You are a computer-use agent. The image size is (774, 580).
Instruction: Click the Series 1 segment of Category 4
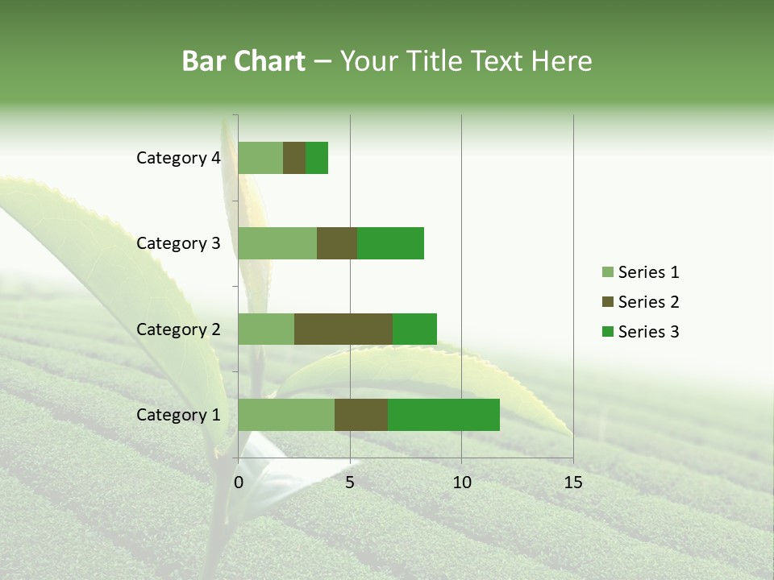pyautogui.click(x=260, y=158)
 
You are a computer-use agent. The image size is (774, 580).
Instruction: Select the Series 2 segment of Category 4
pyautogui.click(x=294, y=158)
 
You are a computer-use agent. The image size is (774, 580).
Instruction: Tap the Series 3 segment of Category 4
pyautogui.click(x=317, y=158)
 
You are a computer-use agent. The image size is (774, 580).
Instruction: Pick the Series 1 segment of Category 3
pyautogui.click(x=277, y=243)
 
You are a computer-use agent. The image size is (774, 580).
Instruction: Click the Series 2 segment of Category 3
pyautogui.click(x=337, y=243)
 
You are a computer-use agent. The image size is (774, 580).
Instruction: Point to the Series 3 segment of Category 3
pyautogui.click(x=390, y=243)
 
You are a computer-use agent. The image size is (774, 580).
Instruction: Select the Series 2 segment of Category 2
pyautogui.click(x=343, y=329)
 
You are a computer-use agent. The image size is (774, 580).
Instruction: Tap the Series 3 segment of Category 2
pyautogui.click(x=414, y=329)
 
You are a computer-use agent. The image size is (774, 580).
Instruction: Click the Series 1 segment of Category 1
pyautogui.click(x=286, y=415)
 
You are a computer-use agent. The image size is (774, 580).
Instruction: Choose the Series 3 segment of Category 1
pyautogui.click(x=443, y=415)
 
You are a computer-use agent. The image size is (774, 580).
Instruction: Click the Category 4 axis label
pyautogui.click(x=178, y=158)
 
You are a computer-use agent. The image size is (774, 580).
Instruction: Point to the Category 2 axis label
pyautogui.click(x=178, y=329)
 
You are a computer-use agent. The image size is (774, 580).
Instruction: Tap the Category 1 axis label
pyautogui.click(x=178, y=415)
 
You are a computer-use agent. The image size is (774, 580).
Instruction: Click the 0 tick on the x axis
pyautogui.click(x=239, y=483)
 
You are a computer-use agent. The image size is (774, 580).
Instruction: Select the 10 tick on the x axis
pyautogui.click(x=461, y=483)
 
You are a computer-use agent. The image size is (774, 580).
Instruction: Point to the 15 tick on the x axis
pyautogui.click(x=572, y=483)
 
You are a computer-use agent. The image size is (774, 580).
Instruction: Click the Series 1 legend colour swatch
pyautogui.click(x=607, y=272)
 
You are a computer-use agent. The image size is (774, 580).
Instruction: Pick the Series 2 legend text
pyautogui.click(x=648, y=302)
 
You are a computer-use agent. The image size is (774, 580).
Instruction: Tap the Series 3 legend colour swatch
pyautogui.click(x=607, y=332)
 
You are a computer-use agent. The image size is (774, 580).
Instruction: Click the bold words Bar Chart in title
pyautogui.click(x=243, y=61)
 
